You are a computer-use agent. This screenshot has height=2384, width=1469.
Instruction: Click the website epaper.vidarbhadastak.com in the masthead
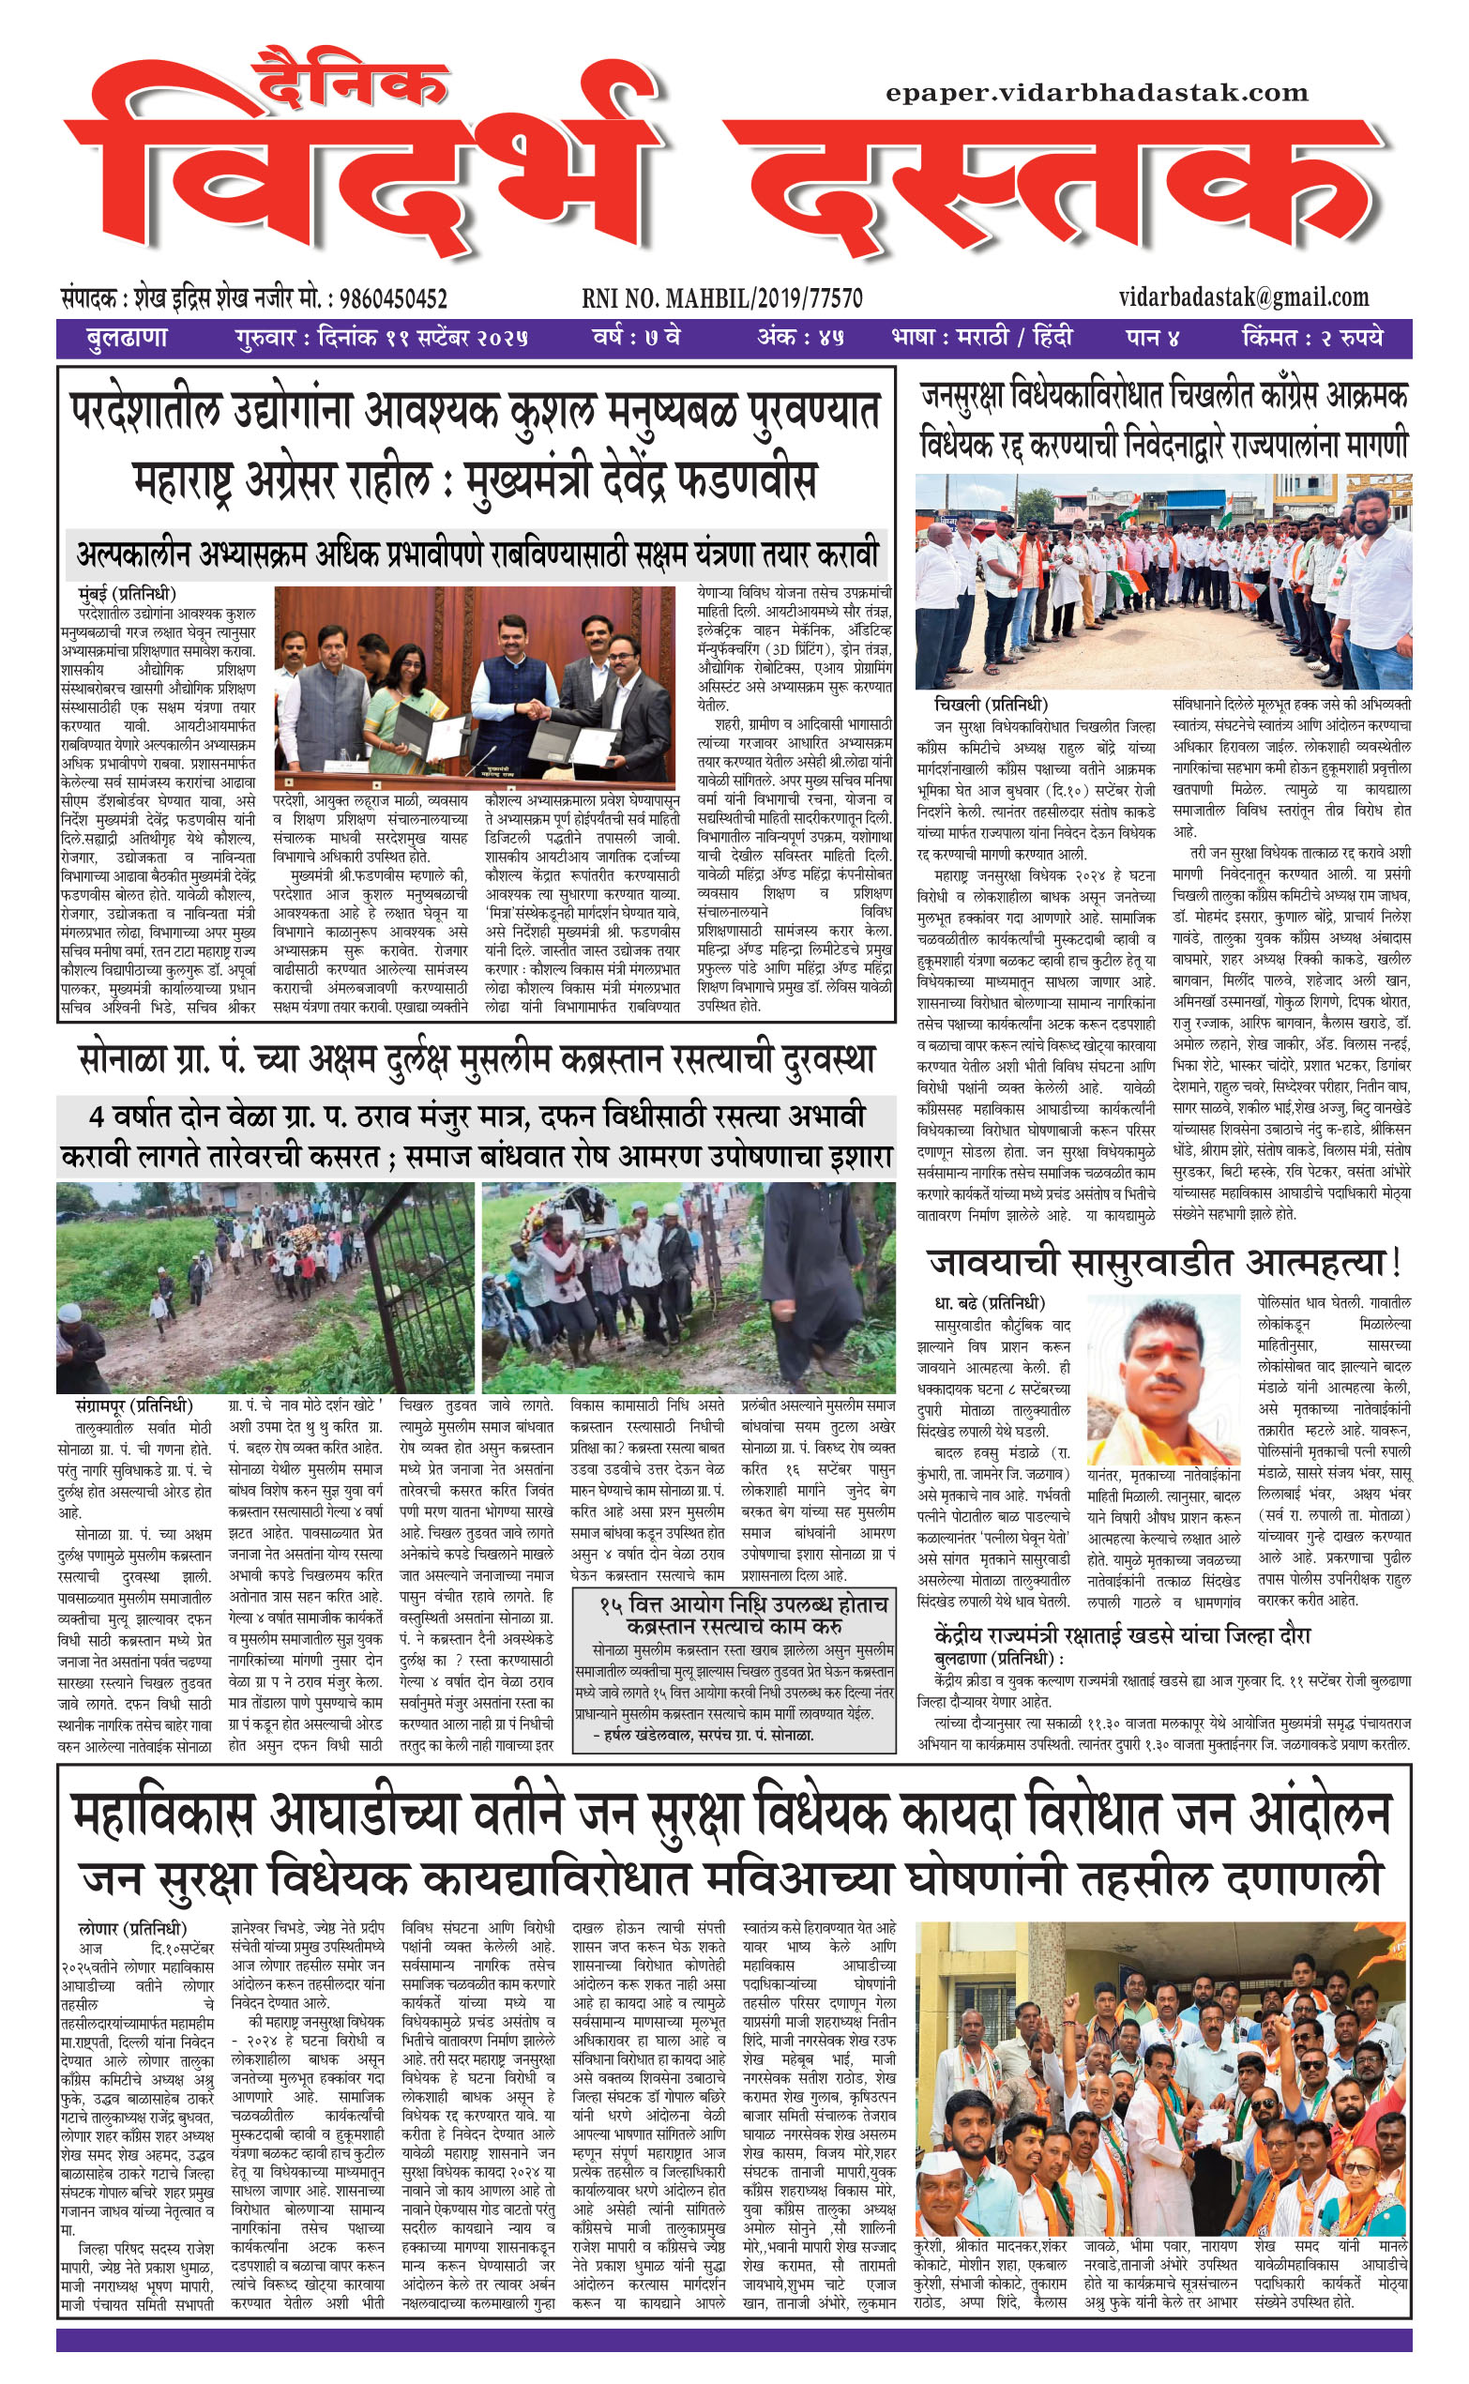(1096, 93)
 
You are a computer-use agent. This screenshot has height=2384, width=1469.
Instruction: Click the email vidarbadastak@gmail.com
(1244, 296)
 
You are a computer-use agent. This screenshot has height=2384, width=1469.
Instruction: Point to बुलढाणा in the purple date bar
(127, 338)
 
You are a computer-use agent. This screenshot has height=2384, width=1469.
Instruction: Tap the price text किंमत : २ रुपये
(1310, 338)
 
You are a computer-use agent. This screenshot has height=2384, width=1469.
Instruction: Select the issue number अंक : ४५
(799, 338)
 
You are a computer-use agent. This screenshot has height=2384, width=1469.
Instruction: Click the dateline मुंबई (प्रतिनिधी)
(128, 593)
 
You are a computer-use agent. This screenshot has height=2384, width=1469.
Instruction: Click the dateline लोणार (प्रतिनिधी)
(132, 1927)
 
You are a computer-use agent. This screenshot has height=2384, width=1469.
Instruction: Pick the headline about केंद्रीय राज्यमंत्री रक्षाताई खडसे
(1122, 1635)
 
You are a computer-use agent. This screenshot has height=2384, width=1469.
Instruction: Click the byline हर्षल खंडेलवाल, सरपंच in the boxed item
(708, 1734)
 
